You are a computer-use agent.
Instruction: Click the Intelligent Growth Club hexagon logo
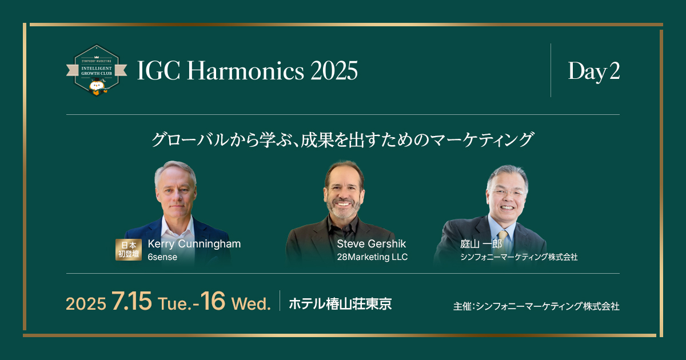[96, 70]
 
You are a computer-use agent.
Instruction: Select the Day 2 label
[593, 71]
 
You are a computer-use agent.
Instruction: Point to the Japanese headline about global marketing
[342, 139]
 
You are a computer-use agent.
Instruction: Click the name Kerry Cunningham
[194, 244]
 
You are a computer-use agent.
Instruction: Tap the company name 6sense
[162, 257]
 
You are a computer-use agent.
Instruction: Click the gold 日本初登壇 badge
[128, 250]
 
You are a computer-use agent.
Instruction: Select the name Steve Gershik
[371, 244]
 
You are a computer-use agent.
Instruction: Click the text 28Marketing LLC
[372, 257]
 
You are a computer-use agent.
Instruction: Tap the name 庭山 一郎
[481, 244]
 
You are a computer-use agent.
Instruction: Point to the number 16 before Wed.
[212, 302]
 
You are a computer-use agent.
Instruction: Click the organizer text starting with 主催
[536, 306]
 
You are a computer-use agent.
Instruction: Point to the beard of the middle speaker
[344, 206]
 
